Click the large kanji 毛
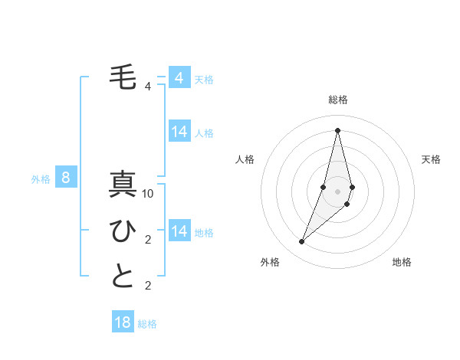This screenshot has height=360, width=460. (123, 78)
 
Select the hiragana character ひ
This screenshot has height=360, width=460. (123, 231)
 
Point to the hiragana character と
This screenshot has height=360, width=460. (123, 277)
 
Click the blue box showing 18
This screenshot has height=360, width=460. (123, 322)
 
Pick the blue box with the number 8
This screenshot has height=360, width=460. (66, 178)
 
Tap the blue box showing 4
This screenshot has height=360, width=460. (179, 78)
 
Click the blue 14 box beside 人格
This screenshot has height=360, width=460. (179, 132)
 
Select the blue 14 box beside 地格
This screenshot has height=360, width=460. (179, 231)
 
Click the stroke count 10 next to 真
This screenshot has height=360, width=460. (148, 194)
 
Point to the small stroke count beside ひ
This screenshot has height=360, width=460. (148, 240)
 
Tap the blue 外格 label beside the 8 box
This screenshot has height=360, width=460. (41, 179)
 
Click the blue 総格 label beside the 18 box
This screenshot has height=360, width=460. (147, 324)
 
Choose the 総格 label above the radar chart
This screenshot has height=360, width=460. (337, 100)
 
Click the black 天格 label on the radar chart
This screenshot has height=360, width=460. (431, 159)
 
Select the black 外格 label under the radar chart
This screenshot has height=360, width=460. (270, 262)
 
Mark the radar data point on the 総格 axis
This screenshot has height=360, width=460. (337, 129)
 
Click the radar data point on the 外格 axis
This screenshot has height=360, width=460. (301, 242)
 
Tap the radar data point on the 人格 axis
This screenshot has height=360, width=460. (323, 187)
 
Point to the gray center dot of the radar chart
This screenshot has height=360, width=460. (337, 191)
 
